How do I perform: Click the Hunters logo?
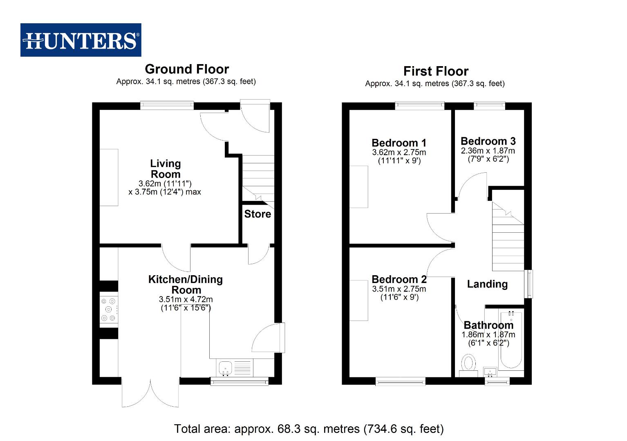coord(81,40)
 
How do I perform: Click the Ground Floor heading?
coord(187,69)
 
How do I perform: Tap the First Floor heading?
coord(436,71)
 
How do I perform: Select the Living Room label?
coord(165,169)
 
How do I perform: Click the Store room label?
coord(258,214)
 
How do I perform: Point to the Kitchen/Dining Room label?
coord(186,285)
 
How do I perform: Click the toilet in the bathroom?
coord(469,363)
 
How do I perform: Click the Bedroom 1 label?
coord(399,143)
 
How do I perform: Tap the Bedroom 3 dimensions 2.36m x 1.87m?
coord(488,151)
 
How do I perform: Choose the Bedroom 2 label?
coord(399,279)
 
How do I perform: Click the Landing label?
coord(487,284)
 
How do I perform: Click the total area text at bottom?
coord(309,429)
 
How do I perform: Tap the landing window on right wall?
coord(529,283)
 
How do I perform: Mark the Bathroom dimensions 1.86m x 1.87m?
coord(488,334)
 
